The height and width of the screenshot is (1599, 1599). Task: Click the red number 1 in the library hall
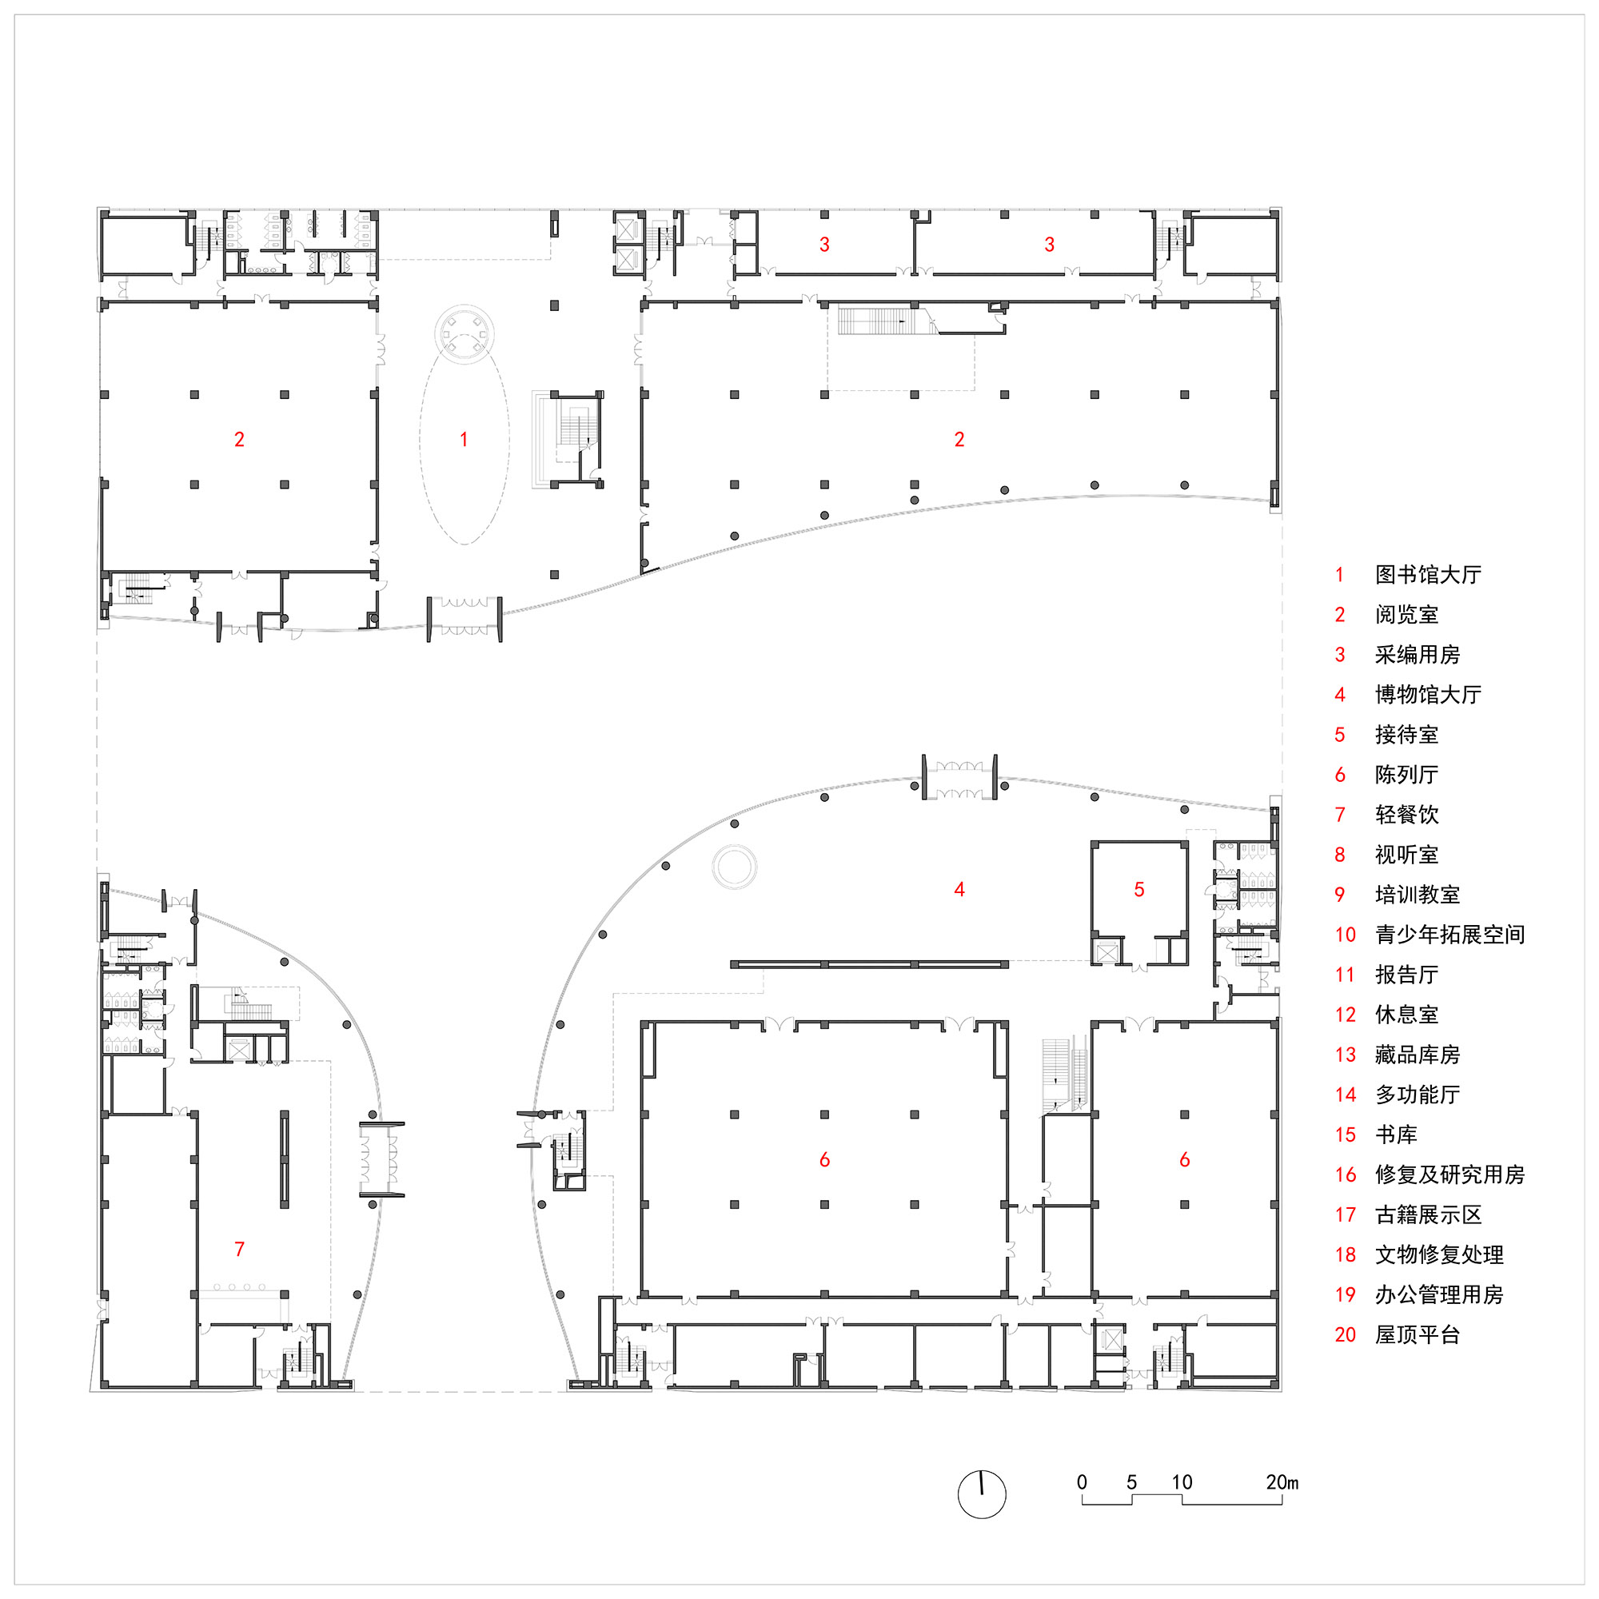click(464, 440)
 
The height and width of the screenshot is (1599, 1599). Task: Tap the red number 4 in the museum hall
click(959, 890)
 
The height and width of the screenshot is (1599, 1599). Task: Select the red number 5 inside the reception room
click(1138, 890)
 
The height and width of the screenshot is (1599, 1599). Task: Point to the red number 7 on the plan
click(239, 1249)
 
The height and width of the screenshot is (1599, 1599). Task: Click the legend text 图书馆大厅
click(1428, 574)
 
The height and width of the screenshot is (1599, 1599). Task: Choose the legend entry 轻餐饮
click(1407, 815)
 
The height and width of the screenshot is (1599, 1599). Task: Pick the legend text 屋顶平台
click(1417, 1334)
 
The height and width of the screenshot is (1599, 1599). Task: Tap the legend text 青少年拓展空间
click(1449, 935)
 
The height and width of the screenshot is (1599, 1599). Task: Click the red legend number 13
click(1345, 1055)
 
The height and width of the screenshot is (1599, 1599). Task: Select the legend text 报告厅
click(1407, 974)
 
